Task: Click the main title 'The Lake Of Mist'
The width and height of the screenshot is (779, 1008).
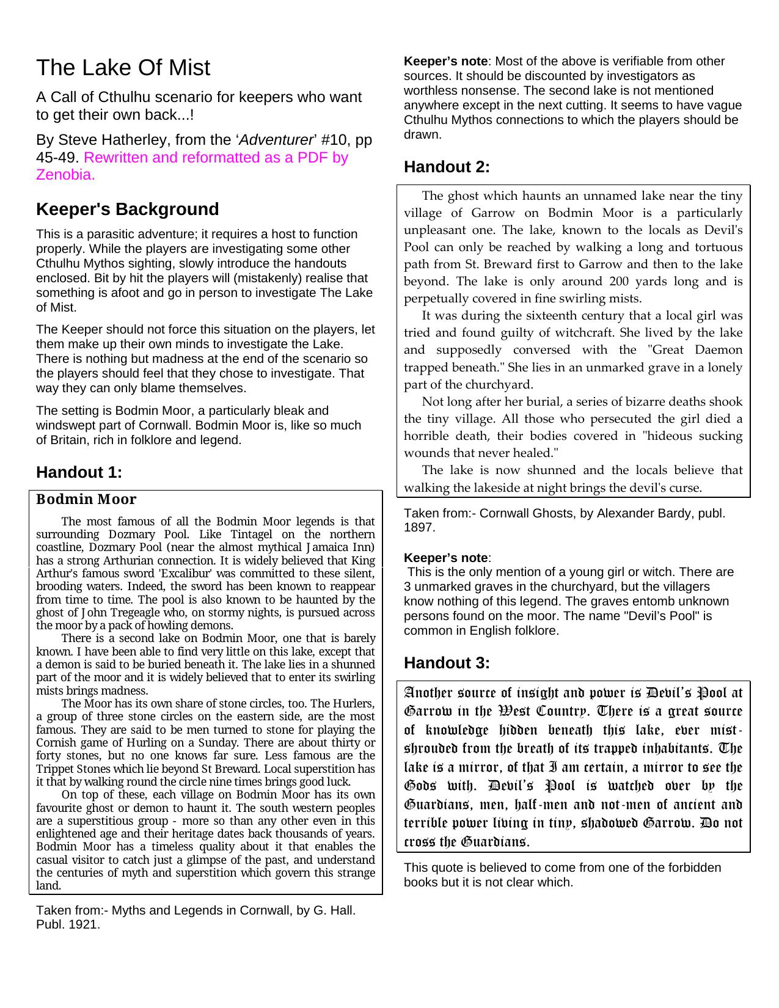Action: pos(123,68)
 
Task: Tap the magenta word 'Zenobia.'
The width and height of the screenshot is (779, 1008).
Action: pos(65,175)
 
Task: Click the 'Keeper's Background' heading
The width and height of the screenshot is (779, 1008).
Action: pos(127,209)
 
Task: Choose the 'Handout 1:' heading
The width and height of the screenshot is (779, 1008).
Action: pos(79,472)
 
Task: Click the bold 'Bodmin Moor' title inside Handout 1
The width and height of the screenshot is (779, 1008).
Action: pos(86,500)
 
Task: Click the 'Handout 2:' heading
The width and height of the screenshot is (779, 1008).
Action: pos(447,167)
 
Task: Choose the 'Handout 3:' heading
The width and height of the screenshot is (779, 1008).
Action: pos(447,663)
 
